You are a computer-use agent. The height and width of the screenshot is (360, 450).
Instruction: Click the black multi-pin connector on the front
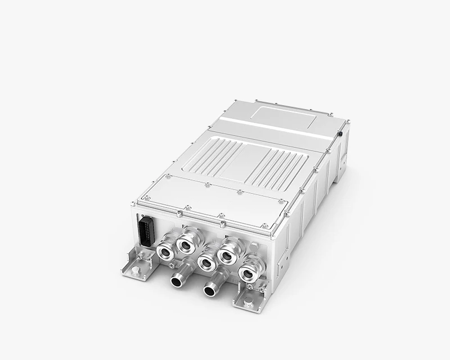point(145,230)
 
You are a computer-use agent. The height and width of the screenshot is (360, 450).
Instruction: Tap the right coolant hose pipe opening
point(211,290)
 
